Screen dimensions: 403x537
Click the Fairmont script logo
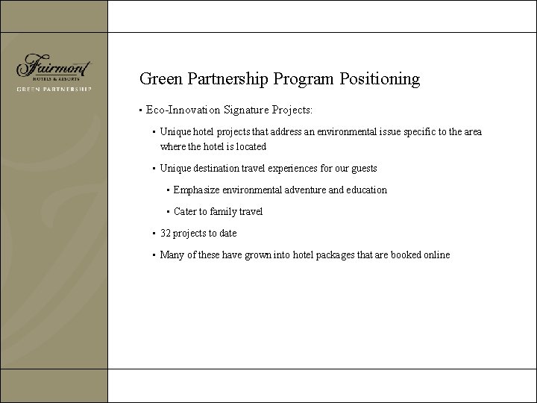click(x=53, y=66)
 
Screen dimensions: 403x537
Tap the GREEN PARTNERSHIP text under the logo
click(x=54, y=89)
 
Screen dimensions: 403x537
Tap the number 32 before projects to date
click(x=166, y=233)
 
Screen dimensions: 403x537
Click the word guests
click(x=363, y=168)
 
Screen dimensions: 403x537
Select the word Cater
click(x=186, y=211)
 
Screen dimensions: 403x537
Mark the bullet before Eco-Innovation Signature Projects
click(x=140, y=110)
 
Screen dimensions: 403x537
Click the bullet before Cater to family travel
click(x=168, y=212)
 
